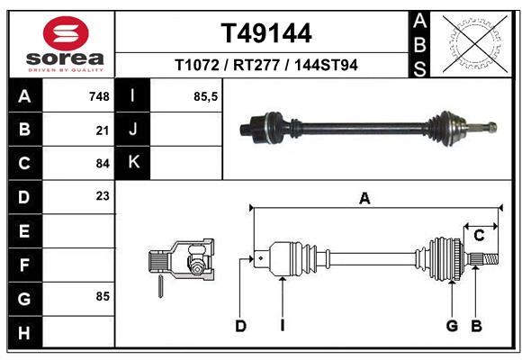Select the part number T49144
coord(266,33)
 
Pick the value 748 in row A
coord(99,95)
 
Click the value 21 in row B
coord(102,130)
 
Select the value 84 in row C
coord(102,164)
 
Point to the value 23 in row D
coord(102,195)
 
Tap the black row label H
coord(24,333)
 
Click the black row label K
coord(133,162)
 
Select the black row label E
coord(24,230)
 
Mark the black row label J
coord(133,129)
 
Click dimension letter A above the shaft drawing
coord(364,199)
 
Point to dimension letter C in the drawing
coord(480,235)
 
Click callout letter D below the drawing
coord(240,326)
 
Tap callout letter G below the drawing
coord(452,326)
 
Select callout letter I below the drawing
coord(282,326)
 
